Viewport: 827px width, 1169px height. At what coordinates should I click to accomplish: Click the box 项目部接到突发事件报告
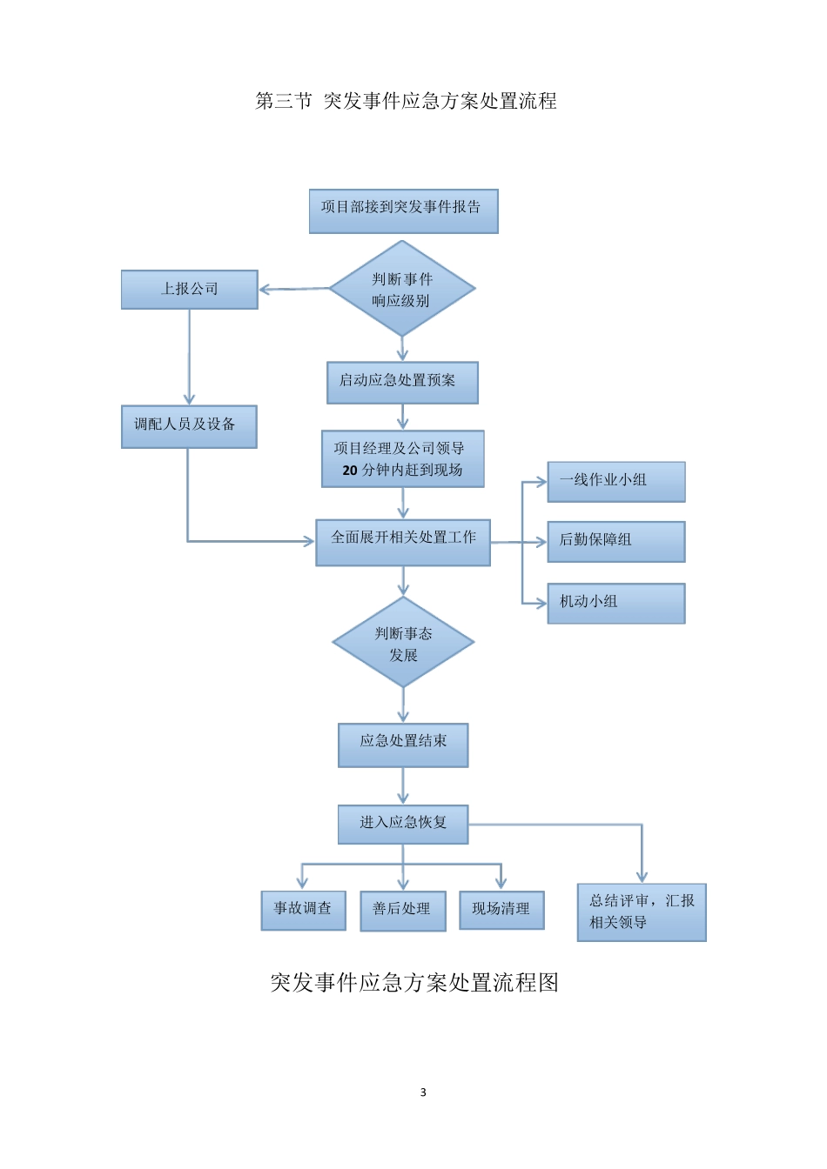[403, 210]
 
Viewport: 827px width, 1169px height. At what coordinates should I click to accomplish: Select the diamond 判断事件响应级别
[402, 290]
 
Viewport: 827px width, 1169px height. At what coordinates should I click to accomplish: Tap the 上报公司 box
[189, 289]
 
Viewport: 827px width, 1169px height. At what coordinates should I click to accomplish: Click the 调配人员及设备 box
[189, 426]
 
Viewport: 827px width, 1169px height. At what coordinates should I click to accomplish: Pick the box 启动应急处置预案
[402, 382]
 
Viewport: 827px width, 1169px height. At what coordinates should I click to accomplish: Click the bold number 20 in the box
[350, 471]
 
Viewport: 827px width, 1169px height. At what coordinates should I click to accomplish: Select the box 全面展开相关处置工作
[403, 541]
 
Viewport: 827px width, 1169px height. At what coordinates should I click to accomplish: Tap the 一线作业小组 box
[615, 481]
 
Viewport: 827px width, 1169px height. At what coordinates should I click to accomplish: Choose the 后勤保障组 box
[615, 541]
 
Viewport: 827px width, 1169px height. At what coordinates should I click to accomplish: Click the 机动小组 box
[615, 602]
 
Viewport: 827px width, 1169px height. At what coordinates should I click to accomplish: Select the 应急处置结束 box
[403, 745]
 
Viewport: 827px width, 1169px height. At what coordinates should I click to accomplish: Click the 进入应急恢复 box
[403, 824]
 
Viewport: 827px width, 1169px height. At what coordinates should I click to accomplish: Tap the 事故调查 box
[303, 910]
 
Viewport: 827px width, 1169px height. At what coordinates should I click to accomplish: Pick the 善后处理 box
[402, 910]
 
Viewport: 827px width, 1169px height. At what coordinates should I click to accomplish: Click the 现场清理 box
[501, 910]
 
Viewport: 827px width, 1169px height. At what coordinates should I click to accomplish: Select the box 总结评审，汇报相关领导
[642, 912]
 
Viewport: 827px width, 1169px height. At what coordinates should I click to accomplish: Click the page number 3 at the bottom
[423, 1092]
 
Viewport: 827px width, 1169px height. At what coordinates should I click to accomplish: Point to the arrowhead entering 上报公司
[265, 290]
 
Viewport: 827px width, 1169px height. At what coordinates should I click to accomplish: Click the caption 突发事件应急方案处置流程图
[414, 983]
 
